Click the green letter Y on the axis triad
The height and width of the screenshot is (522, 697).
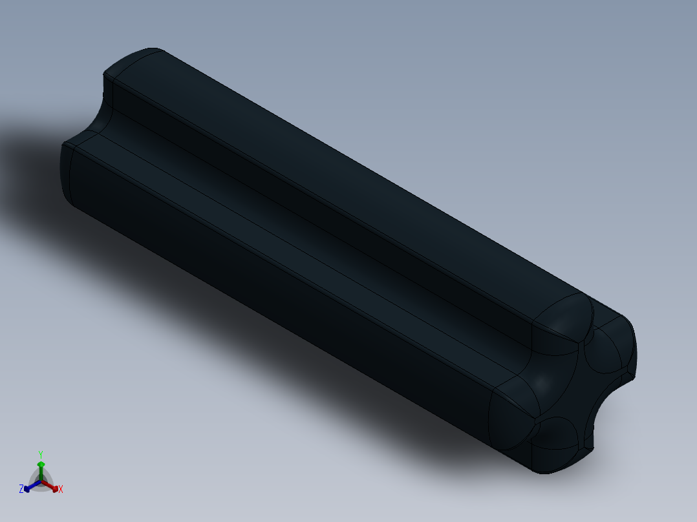click(x=41, y=454)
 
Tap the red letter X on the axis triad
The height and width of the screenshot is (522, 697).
click(x=61, y=490)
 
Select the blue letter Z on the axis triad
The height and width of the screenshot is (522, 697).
click(x=21, y=490)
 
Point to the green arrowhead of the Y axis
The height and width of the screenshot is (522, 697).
click(x=41, y=465)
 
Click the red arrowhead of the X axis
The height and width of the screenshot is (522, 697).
click(x=55, y=488)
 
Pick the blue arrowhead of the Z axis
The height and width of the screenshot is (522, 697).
click(x=27, y=488)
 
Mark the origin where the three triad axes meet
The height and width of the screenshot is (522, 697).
click(x=41, y=481)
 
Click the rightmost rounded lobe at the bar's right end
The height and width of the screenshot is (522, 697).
click(x=611, y=349)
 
